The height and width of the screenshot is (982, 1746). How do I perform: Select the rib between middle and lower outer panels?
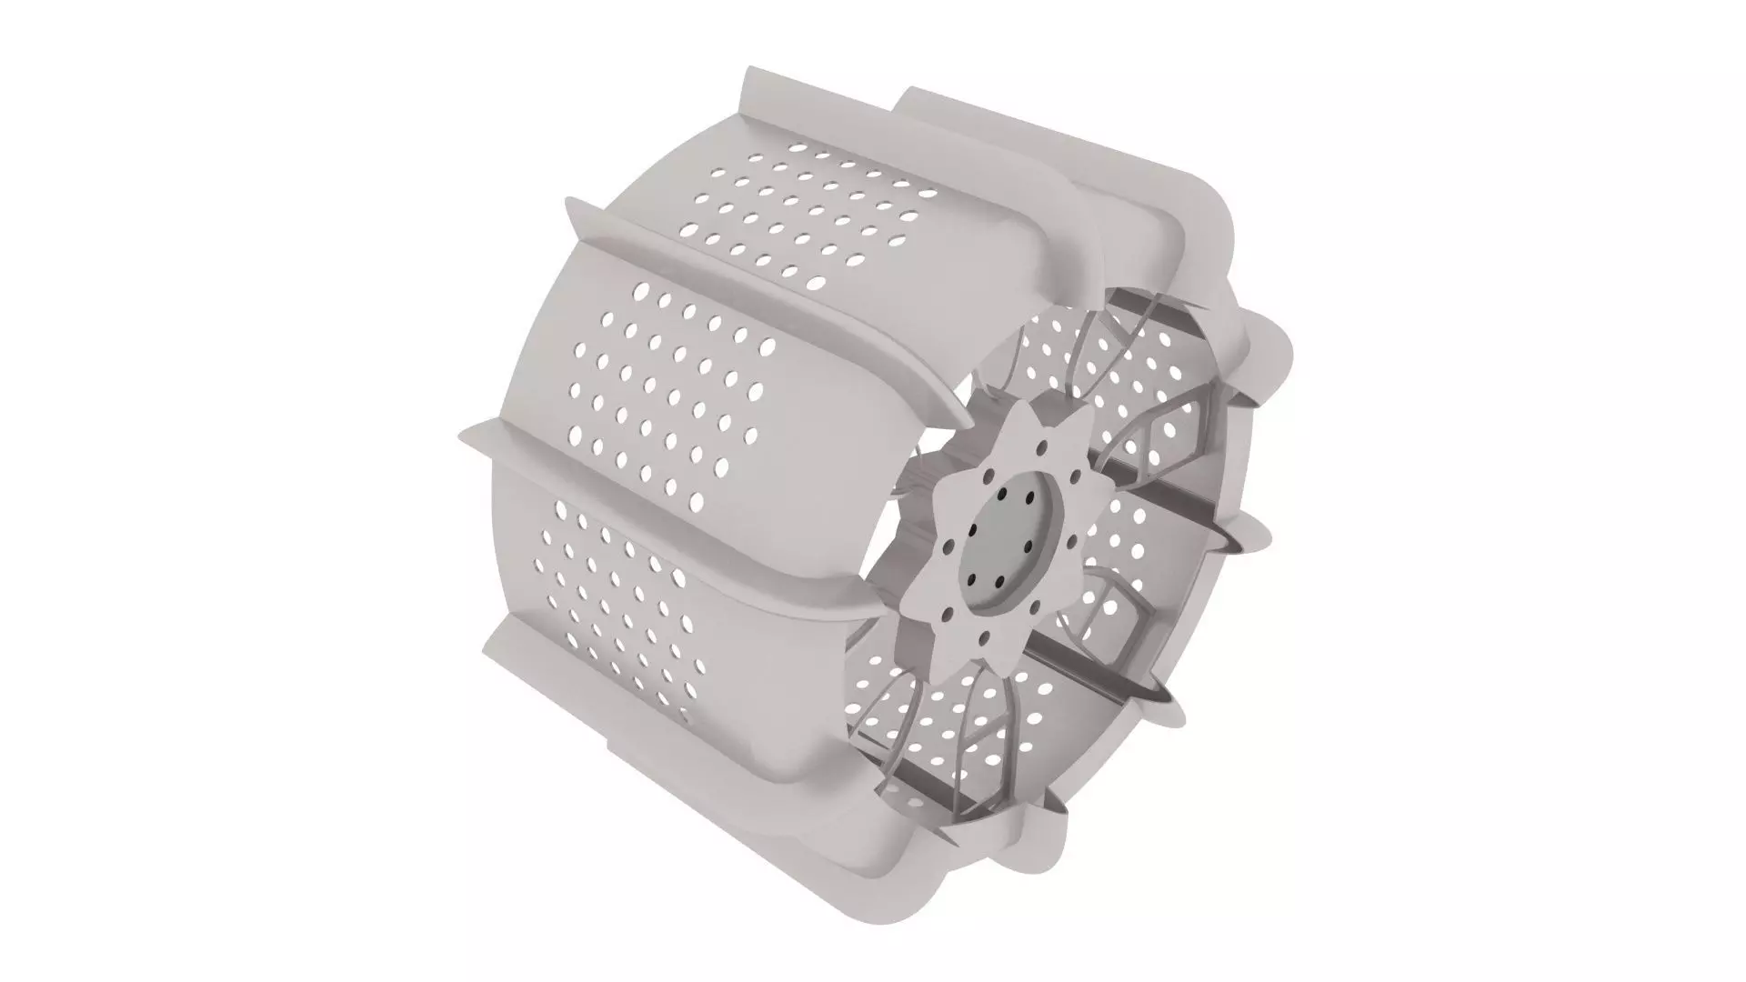click(x=691, y=509)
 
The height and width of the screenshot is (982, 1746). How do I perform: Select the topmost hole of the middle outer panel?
click(x=642, y=290)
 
